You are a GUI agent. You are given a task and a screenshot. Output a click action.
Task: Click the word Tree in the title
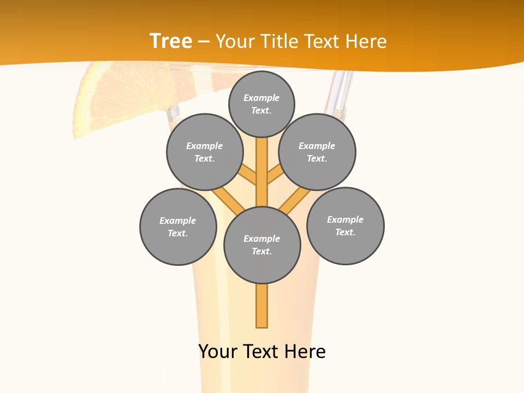[170, 41]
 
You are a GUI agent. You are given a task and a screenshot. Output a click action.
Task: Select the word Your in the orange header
[235, 41]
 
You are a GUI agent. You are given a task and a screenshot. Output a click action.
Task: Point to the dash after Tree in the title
[204, 42]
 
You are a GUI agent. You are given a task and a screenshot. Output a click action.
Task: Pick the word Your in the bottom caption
[218, 352]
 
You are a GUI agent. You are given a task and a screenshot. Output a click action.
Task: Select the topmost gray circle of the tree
[261, 104]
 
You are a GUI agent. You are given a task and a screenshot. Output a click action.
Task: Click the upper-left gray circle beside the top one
[205, 152]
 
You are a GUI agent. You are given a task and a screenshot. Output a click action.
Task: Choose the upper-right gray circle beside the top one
[317, 152]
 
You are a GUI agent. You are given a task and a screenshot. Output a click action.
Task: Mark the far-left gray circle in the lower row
[178, 227]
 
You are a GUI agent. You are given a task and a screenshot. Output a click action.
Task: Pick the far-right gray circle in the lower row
[346, 225]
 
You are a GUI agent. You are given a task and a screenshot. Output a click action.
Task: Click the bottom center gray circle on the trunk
[262, 245]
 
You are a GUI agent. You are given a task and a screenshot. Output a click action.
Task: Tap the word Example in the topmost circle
[261, 98]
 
